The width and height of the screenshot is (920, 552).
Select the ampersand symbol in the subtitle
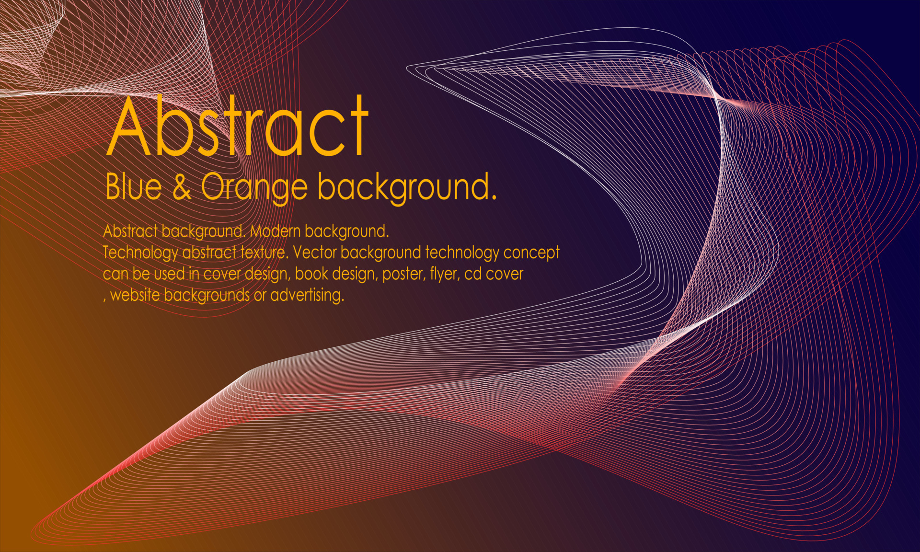(x=182, y=187)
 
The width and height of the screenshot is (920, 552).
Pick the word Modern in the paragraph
(x=275, y=231)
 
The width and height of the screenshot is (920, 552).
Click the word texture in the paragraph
(x=263, y=253)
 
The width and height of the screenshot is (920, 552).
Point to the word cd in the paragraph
(x=472, y=274)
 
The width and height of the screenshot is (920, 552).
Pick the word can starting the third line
(x=115, y=274)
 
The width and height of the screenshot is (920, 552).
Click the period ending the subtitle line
(x=494, y=196)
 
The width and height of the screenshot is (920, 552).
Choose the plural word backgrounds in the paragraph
(x=207, y=295)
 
